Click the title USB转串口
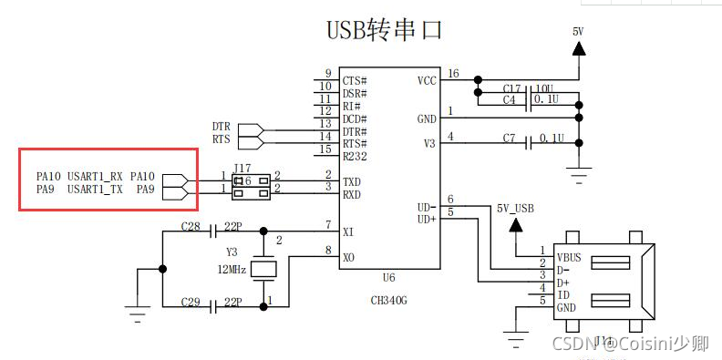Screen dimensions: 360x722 [x=384, y=29]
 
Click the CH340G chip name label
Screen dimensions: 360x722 [x=389, y=299]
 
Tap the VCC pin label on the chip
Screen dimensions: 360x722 [x=426, y=80]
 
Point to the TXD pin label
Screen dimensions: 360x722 [x=352, y=181]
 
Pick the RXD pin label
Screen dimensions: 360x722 [x=352, y=195]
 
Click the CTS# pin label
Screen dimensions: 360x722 [x=355, y=80]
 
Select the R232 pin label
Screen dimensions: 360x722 [x=354, y=157]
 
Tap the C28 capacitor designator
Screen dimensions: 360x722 [x=191, y=225]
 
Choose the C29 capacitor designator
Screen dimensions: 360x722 [x=191, y=301]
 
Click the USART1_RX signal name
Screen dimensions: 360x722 [x=95, y=176]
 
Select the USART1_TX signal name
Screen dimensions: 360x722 [x=95, y=190]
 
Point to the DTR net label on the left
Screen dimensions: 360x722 [x=222, y=127]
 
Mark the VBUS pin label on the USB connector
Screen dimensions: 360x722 [x=570, y=257]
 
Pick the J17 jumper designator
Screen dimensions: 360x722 [x=242, y=168]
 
